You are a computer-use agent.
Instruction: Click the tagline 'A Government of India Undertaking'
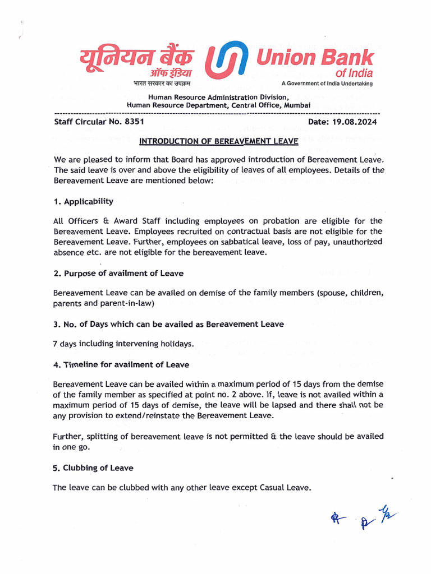(x=327, y=84)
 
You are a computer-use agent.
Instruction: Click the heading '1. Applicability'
(x=83, y=201)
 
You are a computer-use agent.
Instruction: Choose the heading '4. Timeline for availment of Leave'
(x=121, y=364)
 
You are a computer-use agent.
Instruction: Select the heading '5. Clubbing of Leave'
(x=93, y=467)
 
